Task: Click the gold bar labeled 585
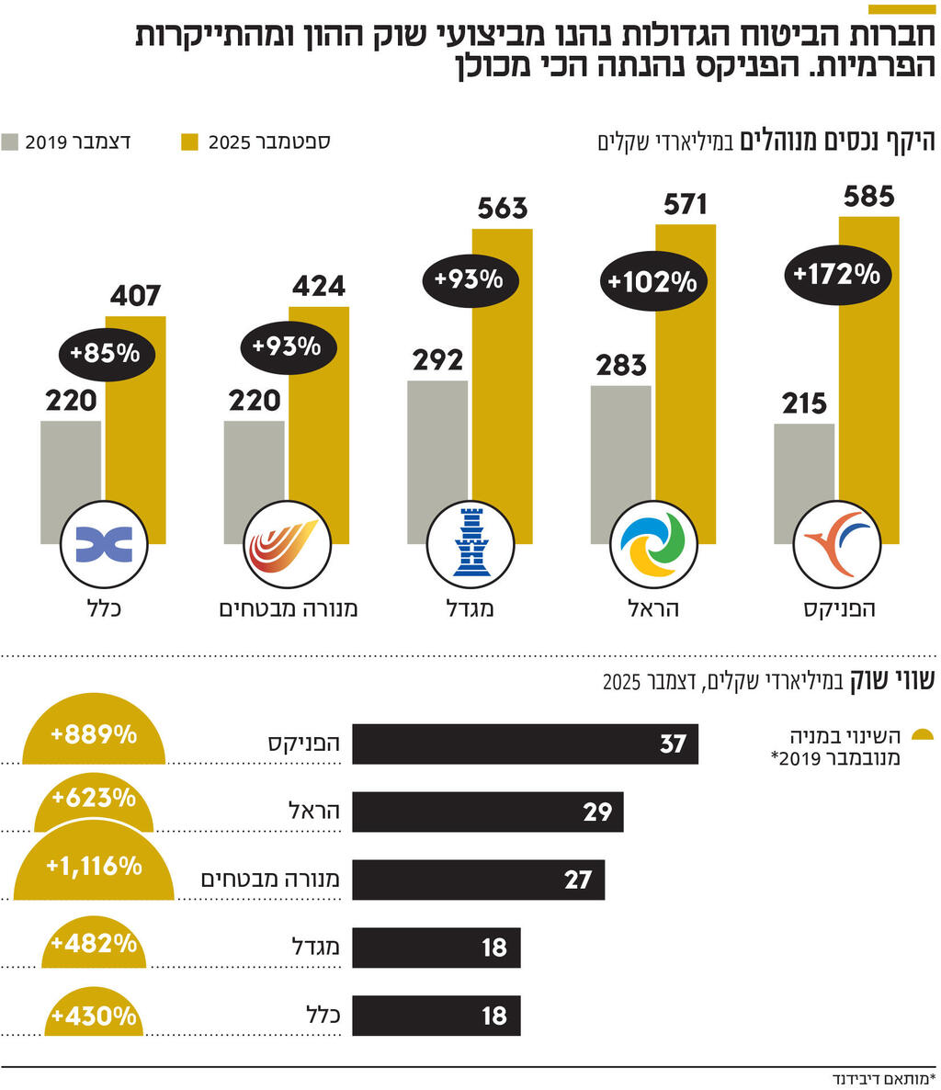pos(869,368)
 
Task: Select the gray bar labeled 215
pos(804,469)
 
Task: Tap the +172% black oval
pos(836,274)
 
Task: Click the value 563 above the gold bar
pos(503,209)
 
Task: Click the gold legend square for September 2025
pos(189,142)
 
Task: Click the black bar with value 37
pos(525,744)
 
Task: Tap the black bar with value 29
pos(487,812)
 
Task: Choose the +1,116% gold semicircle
pos(94,869)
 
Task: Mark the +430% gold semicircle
pos(93,1016)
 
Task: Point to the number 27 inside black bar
pos(577,880)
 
